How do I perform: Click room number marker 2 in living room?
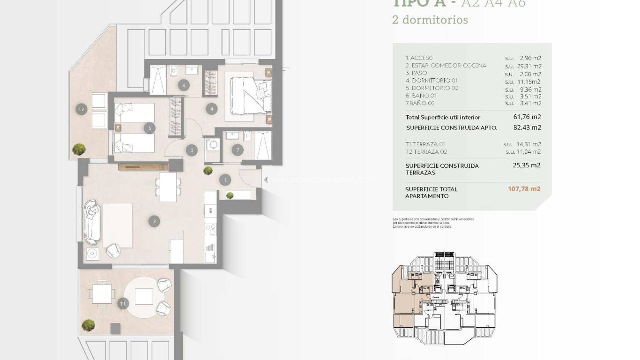[x=153, y=222]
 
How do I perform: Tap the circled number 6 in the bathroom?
[x=184, y=85]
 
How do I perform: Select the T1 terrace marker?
[x=123, y=304]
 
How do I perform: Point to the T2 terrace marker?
[x=82, y=110]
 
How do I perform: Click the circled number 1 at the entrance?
[x=225, y=180]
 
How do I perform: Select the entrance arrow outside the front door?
[x=265, y=179]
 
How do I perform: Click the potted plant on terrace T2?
[x=79, y=149]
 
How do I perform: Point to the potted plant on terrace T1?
[x=88, y=324]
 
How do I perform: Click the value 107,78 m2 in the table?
[x=524, y=189]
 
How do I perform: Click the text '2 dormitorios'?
[x=430, y=20]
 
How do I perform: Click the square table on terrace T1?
[x=102, y=294]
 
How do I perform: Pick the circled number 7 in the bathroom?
[x=238, y=150]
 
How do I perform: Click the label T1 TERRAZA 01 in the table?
[x=425, y=144]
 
